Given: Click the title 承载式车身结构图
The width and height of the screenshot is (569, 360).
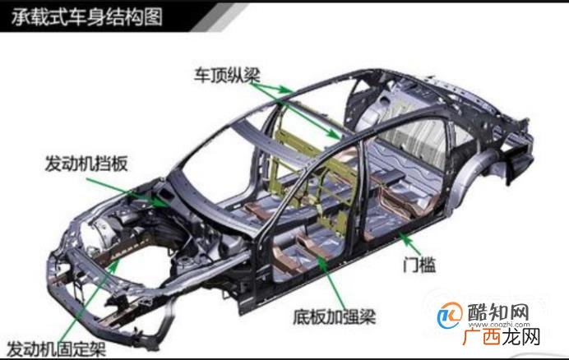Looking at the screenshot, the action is coord(86,17).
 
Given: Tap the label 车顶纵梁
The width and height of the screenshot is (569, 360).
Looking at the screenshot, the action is coord(227,76).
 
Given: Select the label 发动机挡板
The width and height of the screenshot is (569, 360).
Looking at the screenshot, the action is coord(86,164).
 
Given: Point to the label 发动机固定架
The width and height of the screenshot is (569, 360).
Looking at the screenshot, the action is coord(56,349).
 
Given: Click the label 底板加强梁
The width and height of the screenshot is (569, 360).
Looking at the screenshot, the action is coord(335,316).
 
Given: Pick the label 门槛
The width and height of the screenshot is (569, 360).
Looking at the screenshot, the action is coord(419,265).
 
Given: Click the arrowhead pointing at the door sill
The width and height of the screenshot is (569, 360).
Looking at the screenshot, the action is coord(402,237).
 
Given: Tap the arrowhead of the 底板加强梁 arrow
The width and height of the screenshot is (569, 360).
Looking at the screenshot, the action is coord(322,261).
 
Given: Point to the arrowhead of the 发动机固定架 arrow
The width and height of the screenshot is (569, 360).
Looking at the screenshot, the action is coord(114,265).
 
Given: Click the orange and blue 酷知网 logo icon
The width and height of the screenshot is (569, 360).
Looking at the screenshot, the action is coord(450,315).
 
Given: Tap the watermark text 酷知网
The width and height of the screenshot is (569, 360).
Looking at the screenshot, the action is coord(498,312).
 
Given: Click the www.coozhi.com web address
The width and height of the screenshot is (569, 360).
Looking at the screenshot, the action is coord(498,325).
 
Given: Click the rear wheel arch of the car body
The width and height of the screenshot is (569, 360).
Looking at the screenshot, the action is coord(472,164).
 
